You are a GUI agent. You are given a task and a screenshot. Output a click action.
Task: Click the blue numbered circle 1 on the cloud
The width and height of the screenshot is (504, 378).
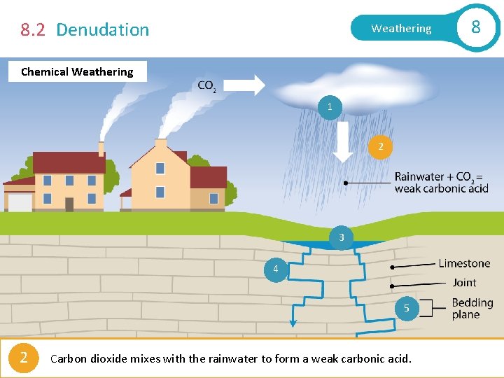tap(330, 107)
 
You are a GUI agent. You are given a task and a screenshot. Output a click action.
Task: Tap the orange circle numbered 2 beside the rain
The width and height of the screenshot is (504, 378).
tap(380, 146)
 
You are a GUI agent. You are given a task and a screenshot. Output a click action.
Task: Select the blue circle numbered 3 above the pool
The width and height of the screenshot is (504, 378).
tap(341, 237)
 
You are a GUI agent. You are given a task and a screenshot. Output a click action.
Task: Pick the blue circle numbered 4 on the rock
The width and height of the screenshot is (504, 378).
tap(276, 269)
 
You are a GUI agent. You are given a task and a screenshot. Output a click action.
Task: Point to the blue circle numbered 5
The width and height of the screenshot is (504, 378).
tap(406, 308)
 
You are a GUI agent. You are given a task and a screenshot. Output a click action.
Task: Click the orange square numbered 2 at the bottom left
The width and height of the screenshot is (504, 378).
tap(24, 358)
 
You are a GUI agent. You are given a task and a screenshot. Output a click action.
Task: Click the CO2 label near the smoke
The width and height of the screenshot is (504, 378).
tap(206, 86)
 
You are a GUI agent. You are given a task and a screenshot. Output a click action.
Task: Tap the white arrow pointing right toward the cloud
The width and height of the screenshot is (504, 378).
tap(244, 85)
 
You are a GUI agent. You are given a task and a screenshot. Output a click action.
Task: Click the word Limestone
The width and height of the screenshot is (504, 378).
tap(464, 263)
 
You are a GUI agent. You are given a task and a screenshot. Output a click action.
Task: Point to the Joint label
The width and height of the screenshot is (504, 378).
tap(464, 282)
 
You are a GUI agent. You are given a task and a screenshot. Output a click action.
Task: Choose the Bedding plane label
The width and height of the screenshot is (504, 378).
tap(472, 309)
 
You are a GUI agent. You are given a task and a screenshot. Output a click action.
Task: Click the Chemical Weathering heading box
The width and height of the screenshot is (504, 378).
tap(77, 71)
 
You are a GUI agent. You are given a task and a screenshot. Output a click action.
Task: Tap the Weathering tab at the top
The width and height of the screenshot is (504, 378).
tap(401, 29)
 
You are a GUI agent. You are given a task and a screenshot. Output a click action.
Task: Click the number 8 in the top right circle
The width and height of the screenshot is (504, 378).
tap(476, 27)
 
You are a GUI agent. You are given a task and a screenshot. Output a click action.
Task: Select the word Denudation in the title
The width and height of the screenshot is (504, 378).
tap(102, 29)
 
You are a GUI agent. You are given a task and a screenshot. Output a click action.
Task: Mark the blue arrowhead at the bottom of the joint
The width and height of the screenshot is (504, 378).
tap(293, 323)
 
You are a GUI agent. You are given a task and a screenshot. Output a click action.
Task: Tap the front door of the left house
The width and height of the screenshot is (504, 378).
tap(69, 204)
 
